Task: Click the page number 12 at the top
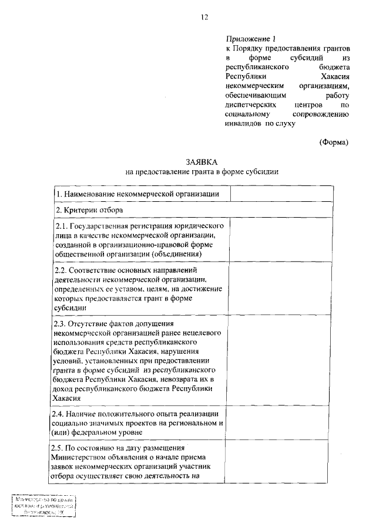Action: pos(204,18)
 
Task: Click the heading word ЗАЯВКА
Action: pos(202,161)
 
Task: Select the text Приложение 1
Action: pos(248,38)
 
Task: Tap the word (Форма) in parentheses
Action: pos(334,142)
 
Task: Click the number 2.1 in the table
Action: pos(61,226)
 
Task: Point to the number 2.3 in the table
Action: pos(61,323)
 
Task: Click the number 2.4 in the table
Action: pos(61,414)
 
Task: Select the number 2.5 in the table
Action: pos(61,448)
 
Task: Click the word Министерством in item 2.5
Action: pos(79,458)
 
